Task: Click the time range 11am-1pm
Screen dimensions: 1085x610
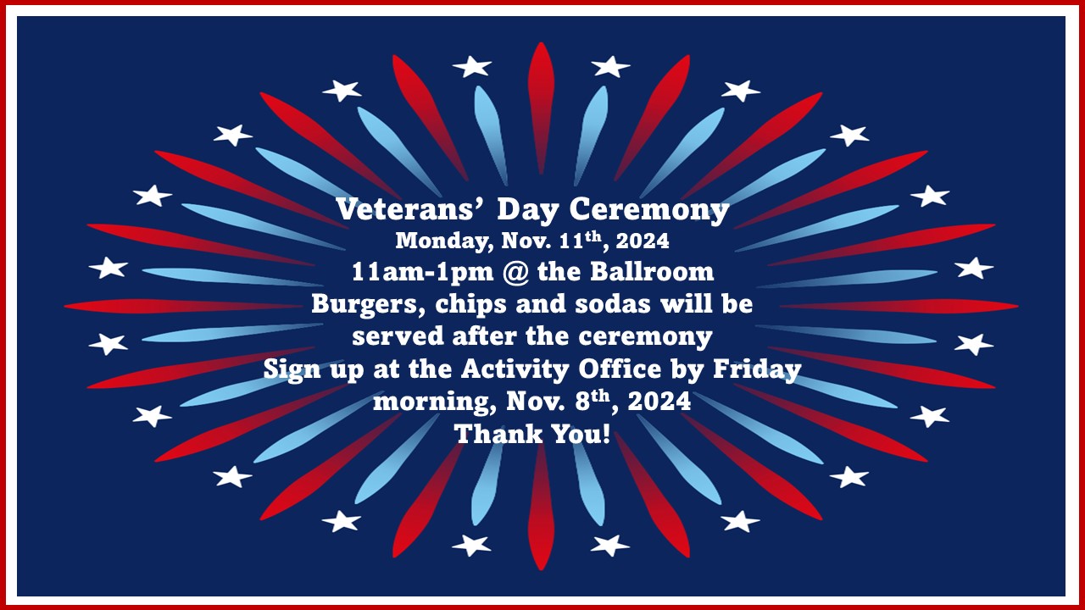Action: tap(422, 273)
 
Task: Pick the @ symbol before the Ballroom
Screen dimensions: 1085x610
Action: tap(515, 273)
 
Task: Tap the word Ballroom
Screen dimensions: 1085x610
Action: tap(652, 272)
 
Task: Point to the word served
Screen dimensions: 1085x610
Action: tap(398, 336)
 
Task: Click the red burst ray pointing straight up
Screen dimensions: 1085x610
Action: tap(541, 108)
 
